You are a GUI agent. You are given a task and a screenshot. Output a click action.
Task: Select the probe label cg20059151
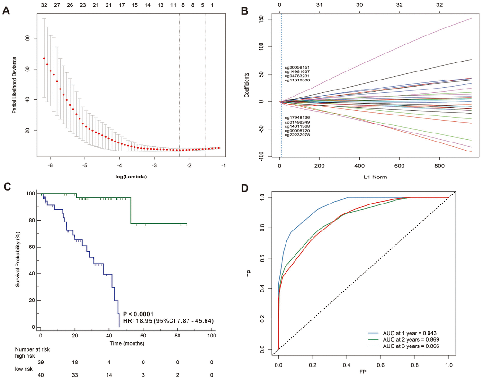[297, 67]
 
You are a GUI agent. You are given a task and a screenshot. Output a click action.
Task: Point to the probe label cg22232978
[297, 135]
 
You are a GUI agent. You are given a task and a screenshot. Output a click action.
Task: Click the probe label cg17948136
[297, 117]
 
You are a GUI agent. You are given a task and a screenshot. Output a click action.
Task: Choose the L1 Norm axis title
[367, 177]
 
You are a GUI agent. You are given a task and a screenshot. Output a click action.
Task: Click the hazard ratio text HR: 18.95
[168, 321]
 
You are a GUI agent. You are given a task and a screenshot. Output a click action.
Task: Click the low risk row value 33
[75, 374]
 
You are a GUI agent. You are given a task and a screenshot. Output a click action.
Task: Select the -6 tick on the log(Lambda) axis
[50, 166]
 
